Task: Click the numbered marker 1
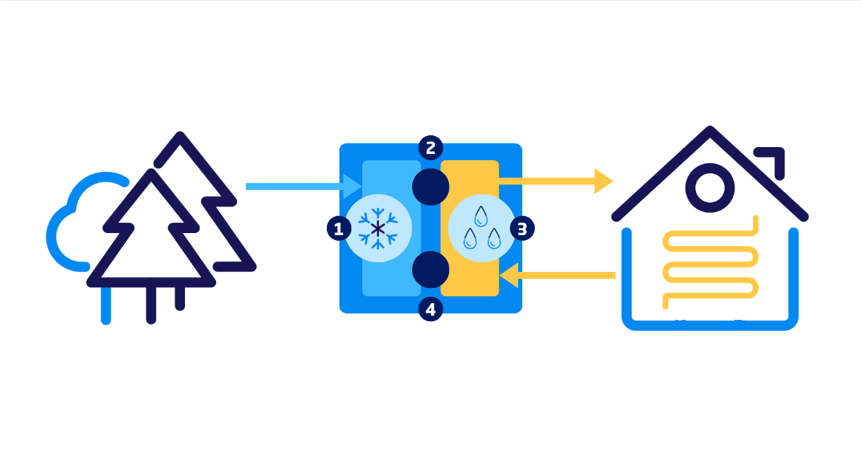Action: pos(339,228)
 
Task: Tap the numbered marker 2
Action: pos(431,148)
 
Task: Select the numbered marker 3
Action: pos(522,228)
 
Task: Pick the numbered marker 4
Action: pos(431,309)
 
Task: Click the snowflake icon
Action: pos(378,228)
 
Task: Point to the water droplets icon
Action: pos(481,228)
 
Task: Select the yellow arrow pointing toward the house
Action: pos(554,181)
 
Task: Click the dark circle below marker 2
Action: pos(431,187)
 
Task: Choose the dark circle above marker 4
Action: pos(431,269)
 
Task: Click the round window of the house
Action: pos(709,187)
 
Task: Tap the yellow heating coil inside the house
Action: pos(710,264)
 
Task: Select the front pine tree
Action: pos(151,229)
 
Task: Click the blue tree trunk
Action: pos(106,305)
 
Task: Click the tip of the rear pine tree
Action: pos(180,136)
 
